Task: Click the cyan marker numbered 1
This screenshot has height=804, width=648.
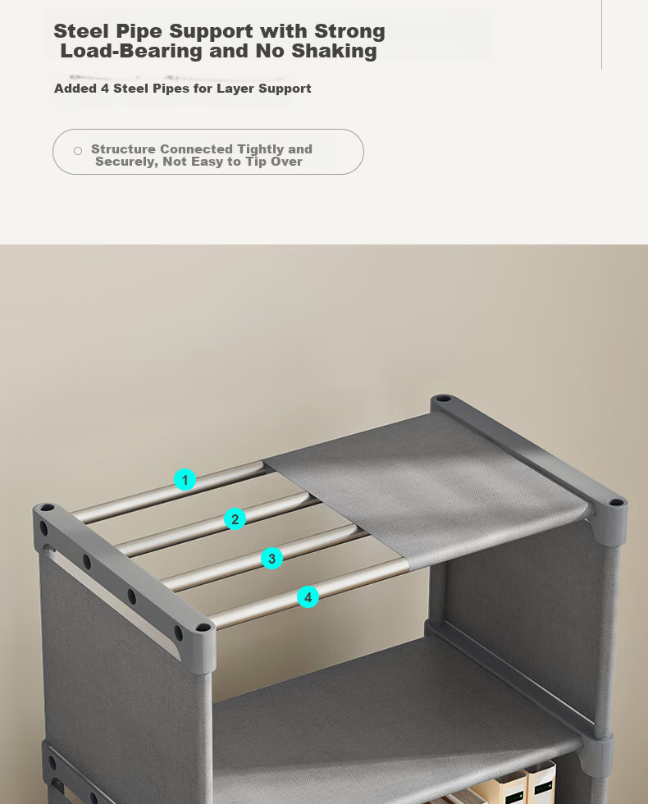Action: (x=185, y=480)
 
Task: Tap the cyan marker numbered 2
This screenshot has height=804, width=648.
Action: (x=235, y=518)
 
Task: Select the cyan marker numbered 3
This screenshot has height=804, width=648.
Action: (x=272, y=559)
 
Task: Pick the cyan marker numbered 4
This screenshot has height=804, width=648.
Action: (x=308, y=597)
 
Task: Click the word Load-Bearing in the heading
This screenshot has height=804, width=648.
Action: (x=131, y=51)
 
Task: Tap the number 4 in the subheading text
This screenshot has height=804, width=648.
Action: (x=105, y=89)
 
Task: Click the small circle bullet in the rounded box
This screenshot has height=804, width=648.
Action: (x=78, y=151)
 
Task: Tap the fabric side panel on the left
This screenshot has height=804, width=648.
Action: (x=123, y=682)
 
